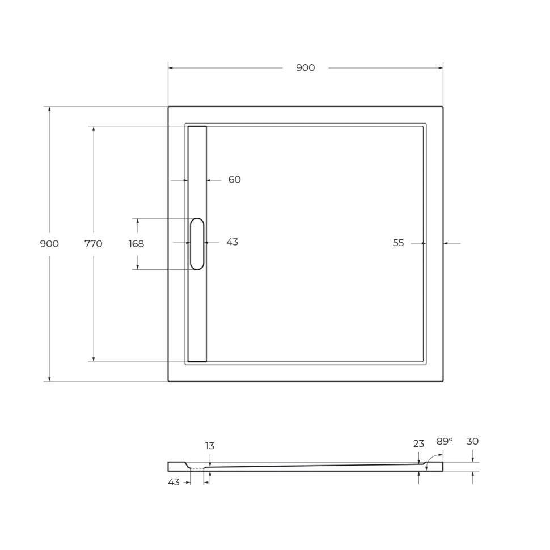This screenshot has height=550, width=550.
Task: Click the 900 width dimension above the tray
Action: tap(305, 68)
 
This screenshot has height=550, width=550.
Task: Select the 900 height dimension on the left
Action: tap(49, 244)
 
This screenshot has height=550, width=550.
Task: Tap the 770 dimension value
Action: tap(93, 244)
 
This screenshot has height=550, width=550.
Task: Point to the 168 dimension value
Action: tap(136, 244)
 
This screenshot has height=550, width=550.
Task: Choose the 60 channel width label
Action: tap(235, 180)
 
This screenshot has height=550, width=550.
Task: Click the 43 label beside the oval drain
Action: tap(232, 242)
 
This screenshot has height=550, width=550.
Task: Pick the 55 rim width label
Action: tap(399, 243)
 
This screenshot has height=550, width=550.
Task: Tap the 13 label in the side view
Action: tap(210, 446)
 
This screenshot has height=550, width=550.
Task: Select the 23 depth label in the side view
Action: tap(418, 444)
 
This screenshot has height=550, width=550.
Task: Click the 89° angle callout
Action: tap(445, 441)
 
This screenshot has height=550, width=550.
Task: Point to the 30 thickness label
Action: tap(472, 441)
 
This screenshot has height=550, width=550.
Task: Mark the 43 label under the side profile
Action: tap(174, 482)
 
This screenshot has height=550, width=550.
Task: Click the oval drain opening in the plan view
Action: tap(197, 244)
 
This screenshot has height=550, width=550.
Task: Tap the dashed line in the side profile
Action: tap(197, 468)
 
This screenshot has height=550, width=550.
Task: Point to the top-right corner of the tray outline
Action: tap(443, 107)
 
